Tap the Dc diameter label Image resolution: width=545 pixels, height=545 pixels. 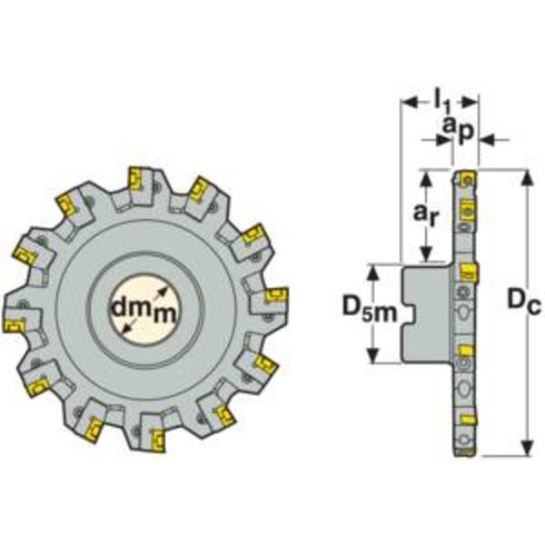click(x=524, y=301)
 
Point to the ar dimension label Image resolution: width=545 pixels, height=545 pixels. click(x=425, y=214)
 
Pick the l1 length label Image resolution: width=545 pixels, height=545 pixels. click(x=442, y=104)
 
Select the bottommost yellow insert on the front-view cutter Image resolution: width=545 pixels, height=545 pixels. click(x=158, y=441)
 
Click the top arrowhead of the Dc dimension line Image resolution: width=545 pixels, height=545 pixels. click(x=528, y=178)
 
